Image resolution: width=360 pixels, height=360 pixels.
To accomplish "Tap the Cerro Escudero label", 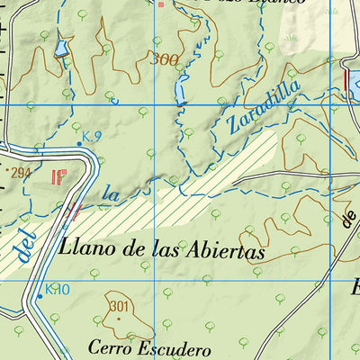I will click(149, 347).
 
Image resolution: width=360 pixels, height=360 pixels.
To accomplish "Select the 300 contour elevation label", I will click(165, 60).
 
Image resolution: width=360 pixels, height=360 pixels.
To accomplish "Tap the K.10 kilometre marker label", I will click(57, 289).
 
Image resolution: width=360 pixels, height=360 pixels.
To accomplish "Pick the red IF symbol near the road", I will click(60, 176).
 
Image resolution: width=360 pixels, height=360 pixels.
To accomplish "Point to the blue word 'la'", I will click(111, 192).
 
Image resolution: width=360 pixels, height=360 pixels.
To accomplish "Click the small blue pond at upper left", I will click(61, 48).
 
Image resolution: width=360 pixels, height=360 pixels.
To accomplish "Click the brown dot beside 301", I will click(118, 318).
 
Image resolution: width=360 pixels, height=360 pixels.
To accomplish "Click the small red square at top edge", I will click(162, 4).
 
